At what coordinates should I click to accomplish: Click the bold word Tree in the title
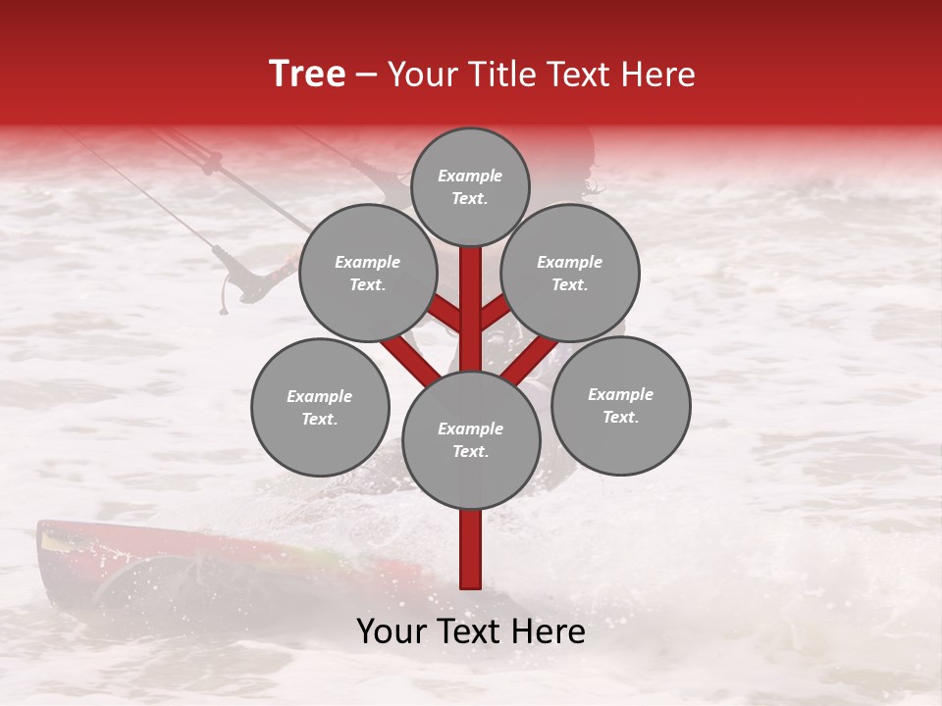pyautogui.click(x=307, y=75)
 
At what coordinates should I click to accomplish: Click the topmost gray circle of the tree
pyautogui.click(x=470, y=186)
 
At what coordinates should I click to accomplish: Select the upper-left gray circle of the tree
pyautogui.click(x=368, y=274)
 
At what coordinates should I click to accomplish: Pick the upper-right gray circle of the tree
pyautogui.click(x=570, y=274)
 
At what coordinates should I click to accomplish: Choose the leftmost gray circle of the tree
pyautogui.click(x=320, y=408)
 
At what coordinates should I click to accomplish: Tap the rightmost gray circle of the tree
pyautogui.click(x=620, y=406)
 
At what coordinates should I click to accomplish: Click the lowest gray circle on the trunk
pyautogui.click(x=471, y=440)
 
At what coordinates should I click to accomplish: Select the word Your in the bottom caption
pyautogui.click(x=392, y=631)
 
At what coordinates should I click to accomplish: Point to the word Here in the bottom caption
pyautogui.click(x=550, y=631)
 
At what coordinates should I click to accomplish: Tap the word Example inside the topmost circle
pyautogui.click(x=470, y=176)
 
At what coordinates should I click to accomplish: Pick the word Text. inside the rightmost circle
pyautogui.click(x=620, y=417)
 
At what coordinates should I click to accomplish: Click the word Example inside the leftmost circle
pyautogui.click(x=320, y=396)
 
